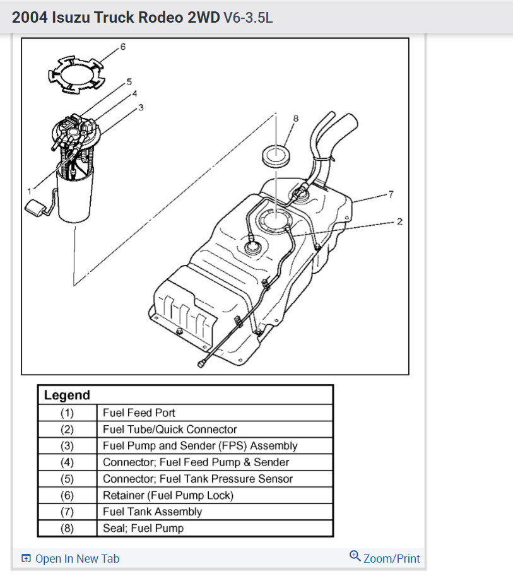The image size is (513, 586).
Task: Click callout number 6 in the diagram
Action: [x=122, y=47]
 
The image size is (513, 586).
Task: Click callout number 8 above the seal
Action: [x=295, y=119]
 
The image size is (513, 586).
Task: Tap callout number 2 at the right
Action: [x=399, y=221]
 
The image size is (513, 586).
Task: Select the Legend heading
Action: [x=67, y=396]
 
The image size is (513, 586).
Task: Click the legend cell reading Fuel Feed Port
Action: [x=139, y=413]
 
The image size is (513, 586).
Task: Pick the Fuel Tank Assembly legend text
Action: [x=152, y=512]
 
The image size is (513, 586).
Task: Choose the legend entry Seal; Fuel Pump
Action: [x=143, y=528]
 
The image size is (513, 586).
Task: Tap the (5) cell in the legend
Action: [x=67, y=479]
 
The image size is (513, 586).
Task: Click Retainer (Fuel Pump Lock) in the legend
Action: [x=168, y=495]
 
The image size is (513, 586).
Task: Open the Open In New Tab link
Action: [x=76, y=558]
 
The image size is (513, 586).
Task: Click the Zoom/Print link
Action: [x=391, y=558]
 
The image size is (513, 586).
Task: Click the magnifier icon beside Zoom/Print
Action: [x=355, y=556]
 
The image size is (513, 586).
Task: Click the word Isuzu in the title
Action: [x=71, y=18]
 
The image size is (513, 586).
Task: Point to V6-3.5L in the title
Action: [x=248, y=18]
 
